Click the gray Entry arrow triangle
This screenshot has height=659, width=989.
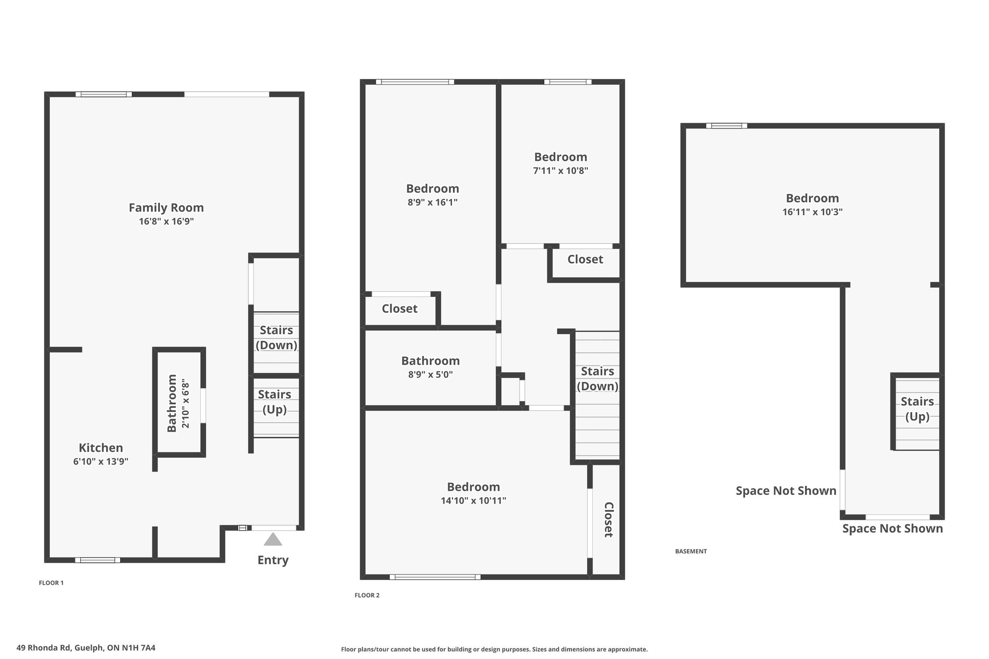click(273, 539)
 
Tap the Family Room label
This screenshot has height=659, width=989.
click(166, 208)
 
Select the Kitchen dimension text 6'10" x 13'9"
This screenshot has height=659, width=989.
click(101, 462)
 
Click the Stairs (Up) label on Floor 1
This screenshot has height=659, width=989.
click(274, 402)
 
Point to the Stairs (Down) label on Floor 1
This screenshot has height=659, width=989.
click(276, 337)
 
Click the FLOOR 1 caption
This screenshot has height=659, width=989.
click(51, 583)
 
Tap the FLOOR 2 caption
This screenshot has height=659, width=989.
click(367, 595)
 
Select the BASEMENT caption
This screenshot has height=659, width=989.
click(691, 551)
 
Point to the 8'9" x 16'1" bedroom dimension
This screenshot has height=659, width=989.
click(432, 202)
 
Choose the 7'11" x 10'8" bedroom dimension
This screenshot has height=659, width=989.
click(561, 171)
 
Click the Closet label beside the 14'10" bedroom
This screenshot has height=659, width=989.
click(608, 519)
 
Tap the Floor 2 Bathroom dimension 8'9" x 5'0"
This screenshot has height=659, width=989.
click(430, 375)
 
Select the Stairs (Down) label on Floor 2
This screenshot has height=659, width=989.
click(597, 379)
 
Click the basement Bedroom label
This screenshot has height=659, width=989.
click(812, 198)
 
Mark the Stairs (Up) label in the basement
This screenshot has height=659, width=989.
click(917, 409)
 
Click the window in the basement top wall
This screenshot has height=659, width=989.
click(726, 126)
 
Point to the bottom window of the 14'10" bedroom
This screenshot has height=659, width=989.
click(435, 577)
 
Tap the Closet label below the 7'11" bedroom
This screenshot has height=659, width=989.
click(585, 260)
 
